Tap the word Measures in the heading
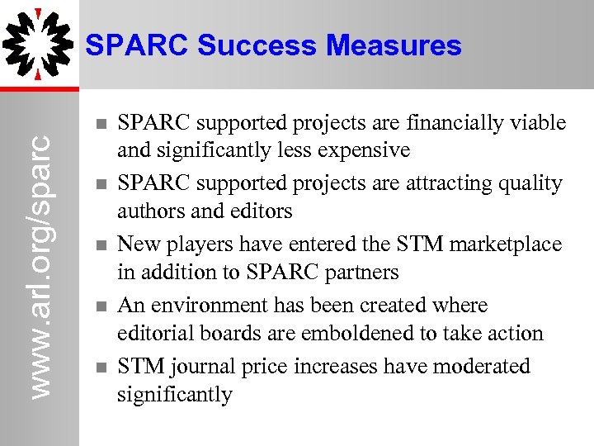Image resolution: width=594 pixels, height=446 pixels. point(394,45)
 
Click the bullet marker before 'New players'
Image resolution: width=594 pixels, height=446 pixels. point(99,245)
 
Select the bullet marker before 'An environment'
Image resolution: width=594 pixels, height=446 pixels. point(99,306)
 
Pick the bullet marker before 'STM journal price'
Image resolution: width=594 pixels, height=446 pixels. point(99,367)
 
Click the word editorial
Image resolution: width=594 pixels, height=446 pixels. point(154,333)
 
